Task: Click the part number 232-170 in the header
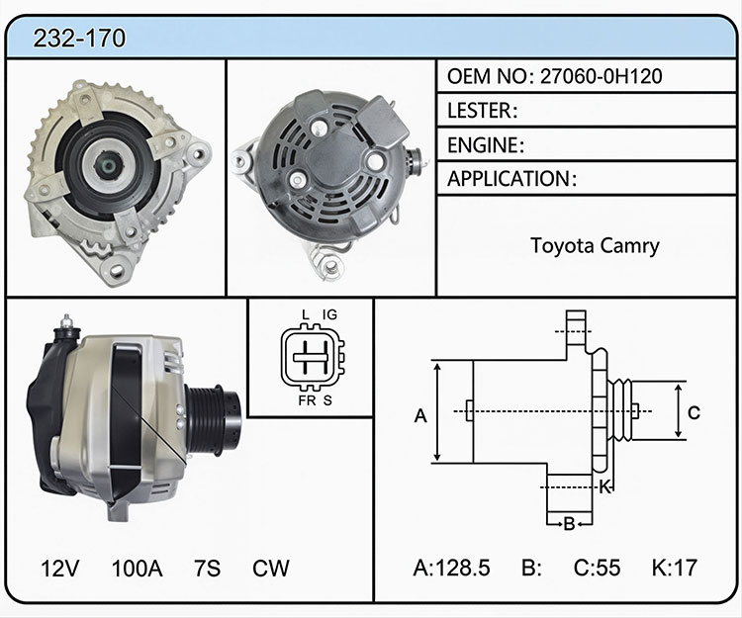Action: (79, 39)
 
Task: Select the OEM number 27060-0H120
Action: (601, 76)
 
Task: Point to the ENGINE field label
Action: (486, 145)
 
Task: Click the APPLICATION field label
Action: (512, 179)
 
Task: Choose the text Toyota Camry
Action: (595, 246)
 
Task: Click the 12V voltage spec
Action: (60, 569)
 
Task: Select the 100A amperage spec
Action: (138, 569)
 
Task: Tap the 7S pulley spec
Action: (208, 569)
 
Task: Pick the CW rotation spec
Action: (271, 569)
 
